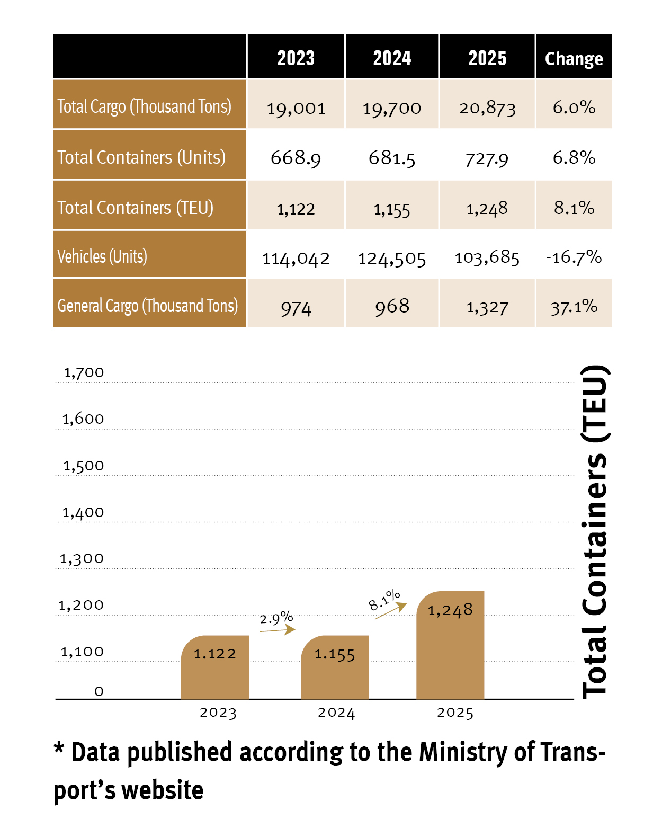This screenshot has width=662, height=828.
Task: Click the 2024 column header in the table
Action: coord(391,58)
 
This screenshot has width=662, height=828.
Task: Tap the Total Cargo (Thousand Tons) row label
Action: coord(144,106)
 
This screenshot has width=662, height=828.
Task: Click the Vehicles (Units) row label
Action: coord(102,256)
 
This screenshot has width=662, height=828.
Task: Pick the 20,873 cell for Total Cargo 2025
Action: coord(487,108)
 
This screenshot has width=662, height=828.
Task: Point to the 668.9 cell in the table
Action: coord(296,158)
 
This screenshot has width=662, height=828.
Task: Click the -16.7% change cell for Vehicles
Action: coord(574,256)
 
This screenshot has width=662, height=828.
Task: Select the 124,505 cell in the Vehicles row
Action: coord(391,259)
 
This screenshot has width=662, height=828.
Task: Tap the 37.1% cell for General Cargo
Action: coord(574,307)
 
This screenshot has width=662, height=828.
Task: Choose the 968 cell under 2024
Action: coord(391,307)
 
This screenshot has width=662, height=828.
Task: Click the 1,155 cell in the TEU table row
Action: coord(391,210)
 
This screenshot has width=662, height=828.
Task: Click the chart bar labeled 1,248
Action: coord(450,645)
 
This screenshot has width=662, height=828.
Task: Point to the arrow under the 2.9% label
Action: coord(278,630)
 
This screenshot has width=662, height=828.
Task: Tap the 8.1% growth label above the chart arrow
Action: coord(384,600)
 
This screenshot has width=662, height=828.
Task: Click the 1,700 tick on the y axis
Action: coord(84,372)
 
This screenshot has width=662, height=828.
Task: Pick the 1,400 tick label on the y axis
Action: coord(83,512)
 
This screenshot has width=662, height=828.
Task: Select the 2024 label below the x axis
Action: coord(336,713)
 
